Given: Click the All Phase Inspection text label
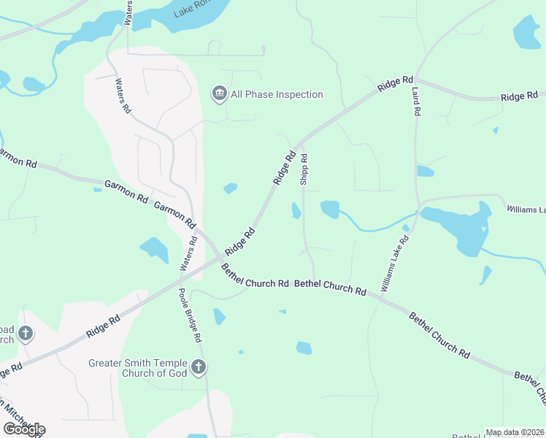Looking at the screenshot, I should [277, 94].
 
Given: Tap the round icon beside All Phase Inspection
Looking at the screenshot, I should [218, 93].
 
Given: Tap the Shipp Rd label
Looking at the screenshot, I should [304, 169].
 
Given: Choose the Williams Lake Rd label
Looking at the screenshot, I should [395, 264].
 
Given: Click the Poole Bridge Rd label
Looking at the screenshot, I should [190, 316].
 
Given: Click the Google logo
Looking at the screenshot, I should [24, 429].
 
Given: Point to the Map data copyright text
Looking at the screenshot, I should [515, 432].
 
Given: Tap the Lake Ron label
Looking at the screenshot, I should [191, 10].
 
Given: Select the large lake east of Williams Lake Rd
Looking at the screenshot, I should [460, 228].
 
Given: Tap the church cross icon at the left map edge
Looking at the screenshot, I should [26, 334].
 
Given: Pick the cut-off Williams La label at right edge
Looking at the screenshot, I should [526, 210].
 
